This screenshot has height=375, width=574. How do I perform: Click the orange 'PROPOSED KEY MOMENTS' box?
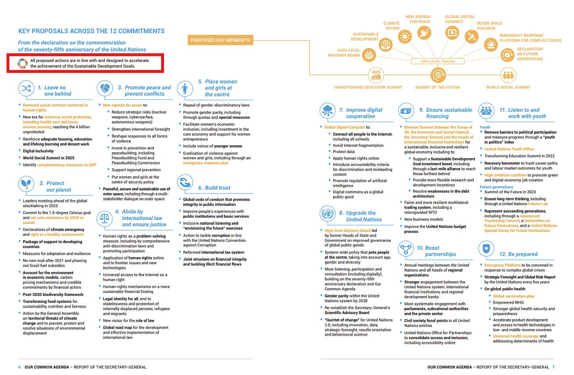point(220,40)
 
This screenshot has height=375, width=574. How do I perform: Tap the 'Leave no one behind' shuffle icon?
point(26,88)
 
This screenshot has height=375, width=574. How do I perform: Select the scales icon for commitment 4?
point(105,216)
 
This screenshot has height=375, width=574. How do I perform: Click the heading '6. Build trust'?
point(214,188)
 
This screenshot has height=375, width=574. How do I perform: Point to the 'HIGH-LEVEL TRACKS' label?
point(437,62)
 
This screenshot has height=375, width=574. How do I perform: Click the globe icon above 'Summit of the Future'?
point(438,75)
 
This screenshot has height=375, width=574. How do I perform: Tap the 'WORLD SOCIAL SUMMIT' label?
point(508,88)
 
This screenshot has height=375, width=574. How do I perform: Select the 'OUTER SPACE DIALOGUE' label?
point(489,26)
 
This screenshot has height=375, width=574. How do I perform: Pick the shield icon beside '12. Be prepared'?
point(486,249)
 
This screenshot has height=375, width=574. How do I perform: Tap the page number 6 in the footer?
point(20,367)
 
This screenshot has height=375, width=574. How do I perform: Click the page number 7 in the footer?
point(553,367)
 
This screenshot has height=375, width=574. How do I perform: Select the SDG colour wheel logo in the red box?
point(23,63)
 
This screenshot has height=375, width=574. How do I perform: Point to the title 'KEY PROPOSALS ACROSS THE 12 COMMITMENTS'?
point(91,31)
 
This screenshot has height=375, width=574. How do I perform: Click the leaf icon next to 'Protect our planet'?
point(26,184)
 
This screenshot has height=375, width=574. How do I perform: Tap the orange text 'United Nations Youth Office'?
point(509,149)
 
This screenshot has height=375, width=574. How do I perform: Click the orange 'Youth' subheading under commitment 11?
point(485,127)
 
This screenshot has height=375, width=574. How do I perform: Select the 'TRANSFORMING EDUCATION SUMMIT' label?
point(368,88)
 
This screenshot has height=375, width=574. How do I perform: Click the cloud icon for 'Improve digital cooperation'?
point(328,111)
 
